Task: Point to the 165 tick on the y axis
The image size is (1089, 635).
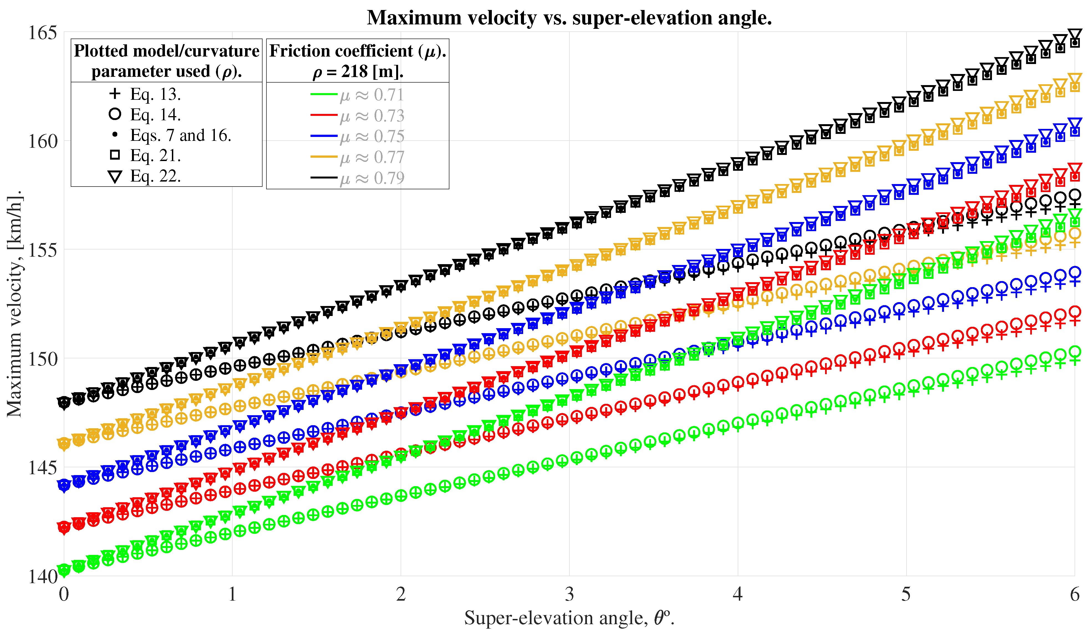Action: tap(43, 33)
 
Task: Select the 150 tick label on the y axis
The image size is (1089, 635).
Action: tap(43, 359)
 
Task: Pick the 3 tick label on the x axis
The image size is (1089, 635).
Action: tap(569, 595)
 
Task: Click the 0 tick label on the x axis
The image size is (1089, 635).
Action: tap(64, 595)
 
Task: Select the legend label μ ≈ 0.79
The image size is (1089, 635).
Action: tap(372, 178)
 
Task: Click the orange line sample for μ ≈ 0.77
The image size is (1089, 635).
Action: tap(324, 157)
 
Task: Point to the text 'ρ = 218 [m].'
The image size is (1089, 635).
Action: tap(358, 72)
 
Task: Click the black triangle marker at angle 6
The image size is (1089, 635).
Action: tap(1075, 35)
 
